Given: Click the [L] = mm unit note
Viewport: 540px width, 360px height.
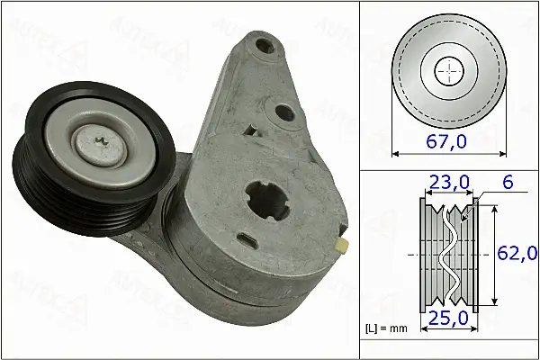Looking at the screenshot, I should (386, 328).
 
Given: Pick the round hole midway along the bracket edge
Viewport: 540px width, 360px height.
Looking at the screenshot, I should (286, 113).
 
